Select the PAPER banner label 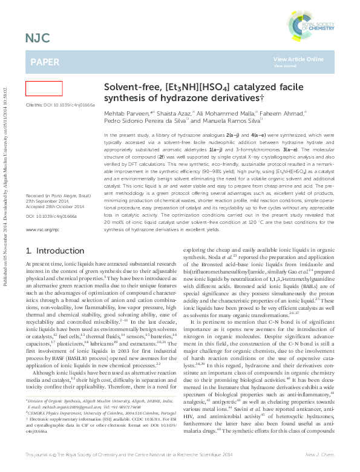click(x=44, y=62)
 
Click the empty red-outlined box click(x=44, y=89)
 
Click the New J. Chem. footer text click(x=322, y=454)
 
